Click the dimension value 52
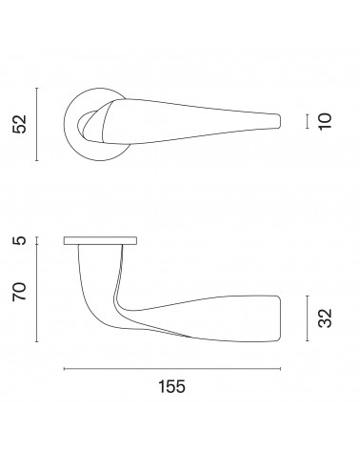pos(19,124)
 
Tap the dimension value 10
pos(325,121)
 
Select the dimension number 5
pos(21,240)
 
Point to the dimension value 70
pos(19,292)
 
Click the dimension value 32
pos(325,318)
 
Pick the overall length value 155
pos(171,387)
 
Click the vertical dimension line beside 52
pos(37,124)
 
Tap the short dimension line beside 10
pos(308,121)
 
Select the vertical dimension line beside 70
pos(37,294)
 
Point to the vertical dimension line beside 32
pos(308,318)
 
